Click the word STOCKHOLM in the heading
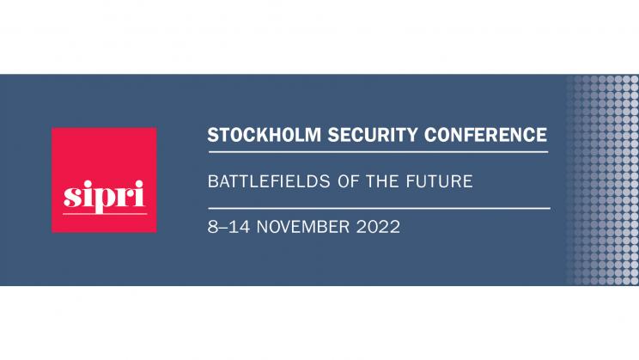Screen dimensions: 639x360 [x=264, y=135]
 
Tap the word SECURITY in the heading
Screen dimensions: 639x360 [x=373, y=135]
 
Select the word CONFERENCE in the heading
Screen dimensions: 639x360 [x=485, y=135]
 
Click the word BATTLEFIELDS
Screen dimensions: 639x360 [x=269, y=181]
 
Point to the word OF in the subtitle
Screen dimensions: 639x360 [x=348, y=181]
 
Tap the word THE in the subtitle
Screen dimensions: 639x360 [x=382, y=181]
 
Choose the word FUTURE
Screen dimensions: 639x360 [x=440, y=181]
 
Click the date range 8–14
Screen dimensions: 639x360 [x=228, y=227]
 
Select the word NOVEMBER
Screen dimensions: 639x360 [x=303, y=227]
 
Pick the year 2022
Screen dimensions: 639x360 [x=378, y=227]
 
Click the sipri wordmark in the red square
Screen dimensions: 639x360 [x=104, y=197]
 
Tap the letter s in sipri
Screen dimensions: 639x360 [x=71, y=198]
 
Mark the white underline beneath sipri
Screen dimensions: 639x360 [x=105, y=214]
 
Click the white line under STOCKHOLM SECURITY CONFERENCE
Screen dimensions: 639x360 [x=378, y=152]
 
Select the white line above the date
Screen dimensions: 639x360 [x=379, y=208]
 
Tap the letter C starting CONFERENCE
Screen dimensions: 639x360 [x=430, y=135]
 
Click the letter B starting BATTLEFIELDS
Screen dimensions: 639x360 [x=213, y=181]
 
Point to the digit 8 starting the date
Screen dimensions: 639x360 [x=213, y=227]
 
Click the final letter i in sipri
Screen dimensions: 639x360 [x=140, y=194]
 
